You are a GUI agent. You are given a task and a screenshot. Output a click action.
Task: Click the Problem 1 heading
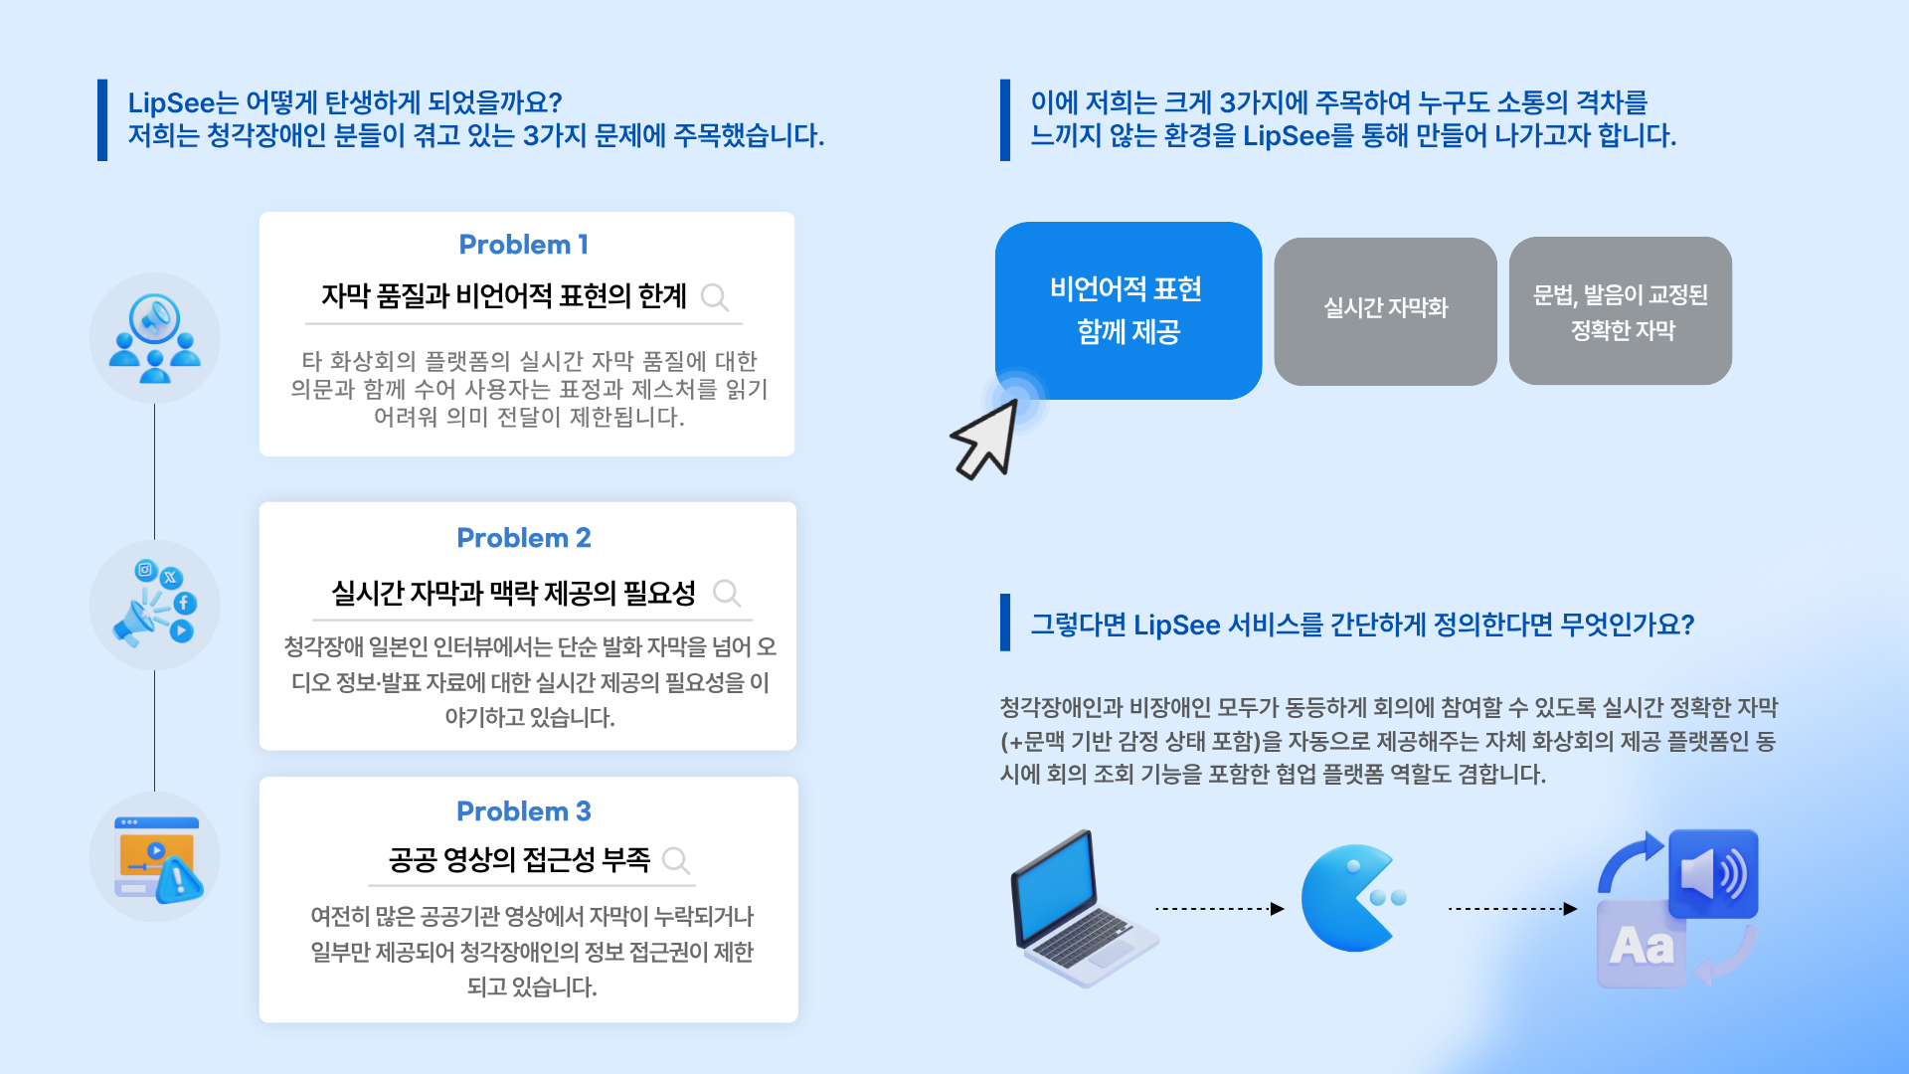click(x=524, y=245)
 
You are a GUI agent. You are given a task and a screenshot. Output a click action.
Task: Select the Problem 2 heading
click(x=524, y=538)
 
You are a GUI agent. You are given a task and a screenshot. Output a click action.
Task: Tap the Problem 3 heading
click(x=524, y=811)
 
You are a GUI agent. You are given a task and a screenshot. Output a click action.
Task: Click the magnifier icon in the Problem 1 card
click(x=715, y=296)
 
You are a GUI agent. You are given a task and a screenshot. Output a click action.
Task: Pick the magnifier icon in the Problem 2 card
click(x=727, y=594)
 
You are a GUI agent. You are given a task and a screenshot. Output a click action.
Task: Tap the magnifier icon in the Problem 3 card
click(x=676, y=860)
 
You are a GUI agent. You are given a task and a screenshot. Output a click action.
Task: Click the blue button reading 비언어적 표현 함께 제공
click(x=1128, y=310)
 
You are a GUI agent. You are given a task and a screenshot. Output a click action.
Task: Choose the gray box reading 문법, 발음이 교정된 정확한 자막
click(x=1621, y=310)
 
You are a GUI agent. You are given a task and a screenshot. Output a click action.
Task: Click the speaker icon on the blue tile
click(x=1713, y=874)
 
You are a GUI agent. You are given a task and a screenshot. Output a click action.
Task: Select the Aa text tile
click(x=1642, y=945)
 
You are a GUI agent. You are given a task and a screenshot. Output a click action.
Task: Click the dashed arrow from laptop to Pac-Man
click(x=1219, y=908)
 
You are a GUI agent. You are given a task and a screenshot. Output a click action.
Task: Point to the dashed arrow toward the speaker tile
click(x=1512, y=908)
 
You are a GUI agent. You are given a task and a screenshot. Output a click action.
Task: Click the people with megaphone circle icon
click(x=155, y=338)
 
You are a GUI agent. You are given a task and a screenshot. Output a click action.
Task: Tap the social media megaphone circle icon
click(x=155, y=605)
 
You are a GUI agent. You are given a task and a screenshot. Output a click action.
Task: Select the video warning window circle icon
click(x=155, y=857)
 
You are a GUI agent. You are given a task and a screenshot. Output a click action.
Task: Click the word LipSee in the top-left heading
click(x=171, y=102)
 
